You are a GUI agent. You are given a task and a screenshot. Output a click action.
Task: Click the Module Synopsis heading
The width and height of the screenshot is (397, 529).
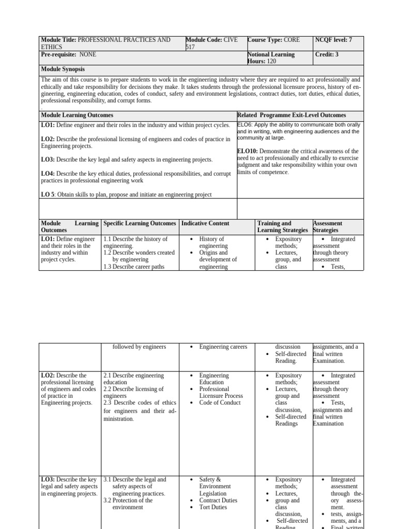[63, 69]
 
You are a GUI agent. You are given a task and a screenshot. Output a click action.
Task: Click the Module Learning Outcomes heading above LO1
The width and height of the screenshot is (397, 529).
[77, 115]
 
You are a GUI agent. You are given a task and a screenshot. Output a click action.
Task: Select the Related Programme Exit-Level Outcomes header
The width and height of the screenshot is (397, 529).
[292, 115]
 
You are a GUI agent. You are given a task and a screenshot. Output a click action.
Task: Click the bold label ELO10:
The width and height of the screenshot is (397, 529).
[247, 151]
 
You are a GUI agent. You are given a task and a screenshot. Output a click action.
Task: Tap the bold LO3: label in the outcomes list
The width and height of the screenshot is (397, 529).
[48, 160]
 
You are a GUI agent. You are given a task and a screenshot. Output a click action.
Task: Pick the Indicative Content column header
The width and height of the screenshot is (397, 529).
[205, 223]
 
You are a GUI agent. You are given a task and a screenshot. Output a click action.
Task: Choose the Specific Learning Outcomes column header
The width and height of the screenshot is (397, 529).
[140, 223]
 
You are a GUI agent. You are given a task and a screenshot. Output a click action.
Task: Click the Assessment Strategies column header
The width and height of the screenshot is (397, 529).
[328, 227]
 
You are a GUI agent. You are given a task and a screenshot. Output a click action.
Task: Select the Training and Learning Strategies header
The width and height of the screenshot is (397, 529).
[283, 227]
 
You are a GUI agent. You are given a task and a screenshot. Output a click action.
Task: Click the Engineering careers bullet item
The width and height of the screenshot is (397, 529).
[223, 347]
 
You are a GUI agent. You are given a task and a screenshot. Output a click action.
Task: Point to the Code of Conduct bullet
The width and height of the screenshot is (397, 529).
[220, 403]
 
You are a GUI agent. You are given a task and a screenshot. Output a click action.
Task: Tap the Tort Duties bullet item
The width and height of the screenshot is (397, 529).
[213, 507]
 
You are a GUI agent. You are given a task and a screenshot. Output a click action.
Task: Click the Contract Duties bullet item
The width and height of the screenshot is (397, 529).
[218, 500]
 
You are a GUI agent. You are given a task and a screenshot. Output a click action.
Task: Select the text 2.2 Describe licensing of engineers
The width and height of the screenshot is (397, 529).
[133, 393]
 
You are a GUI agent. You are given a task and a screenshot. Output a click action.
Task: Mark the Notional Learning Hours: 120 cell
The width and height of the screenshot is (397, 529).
[271, 57]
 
